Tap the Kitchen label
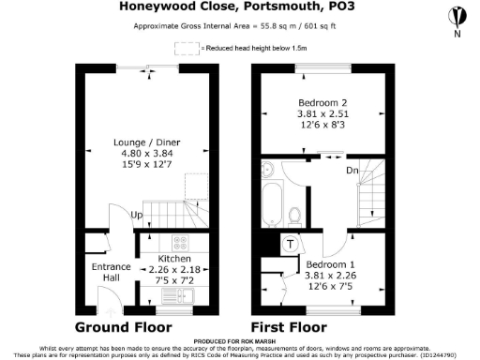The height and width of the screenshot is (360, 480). (174, 258)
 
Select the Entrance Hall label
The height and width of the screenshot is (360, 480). (110, 273)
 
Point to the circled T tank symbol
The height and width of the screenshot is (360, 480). (290, 243)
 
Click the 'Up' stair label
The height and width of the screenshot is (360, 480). (136, 215)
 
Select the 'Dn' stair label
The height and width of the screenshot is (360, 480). (352, 171)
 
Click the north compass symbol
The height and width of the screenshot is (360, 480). (456, 17)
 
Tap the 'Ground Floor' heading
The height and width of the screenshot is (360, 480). (123, 327)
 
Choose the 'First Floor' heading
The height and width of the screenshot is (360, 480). (288, 327)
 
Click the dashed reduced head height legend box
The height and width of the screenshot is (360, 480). (183, 47)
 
